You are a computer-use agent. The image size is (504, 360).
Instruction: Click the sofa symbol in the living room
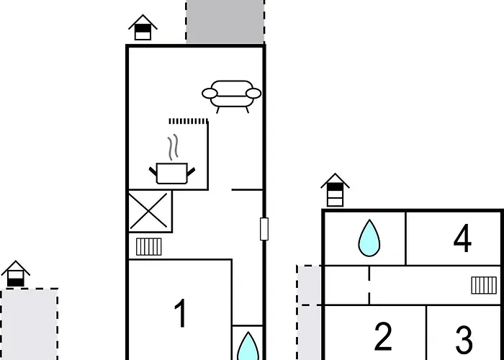(231, 96)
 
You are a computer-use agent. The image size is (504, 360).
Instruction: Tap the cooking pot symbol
(172, 174)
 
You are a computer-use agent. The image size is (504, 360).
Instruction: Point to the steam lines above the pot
(173, 147)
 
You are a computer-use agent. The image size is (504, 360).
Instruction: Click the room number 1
(181, 313)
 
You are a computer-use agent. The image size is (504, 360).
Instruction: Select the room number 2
(383, 337)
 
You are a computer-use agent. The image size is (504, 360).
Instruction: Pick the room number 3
(464, 340)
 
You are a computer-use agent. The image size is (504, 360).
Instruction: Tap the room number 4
(462, 238)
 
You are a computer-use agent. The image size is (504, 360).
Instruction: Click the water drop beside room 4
(369, 238)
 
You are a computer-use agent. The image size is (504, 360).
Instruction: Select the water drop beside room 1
(248, 346)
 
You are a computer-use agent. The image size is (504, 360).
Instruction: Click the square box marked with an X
(150, 211)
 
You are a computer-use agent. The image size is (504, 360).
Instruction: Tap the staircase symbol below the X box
(149, 246)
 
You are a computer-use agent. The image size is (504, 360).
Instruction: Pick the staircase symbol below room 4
(484, 285)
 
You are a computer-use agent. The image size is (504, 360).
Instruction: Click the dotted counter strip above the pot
(189, 121)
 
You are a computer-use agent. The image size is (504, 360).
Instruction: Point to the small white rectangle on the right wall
(264, 229)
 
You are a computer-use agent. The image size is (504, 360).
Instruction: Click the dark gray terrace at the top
(225, 21)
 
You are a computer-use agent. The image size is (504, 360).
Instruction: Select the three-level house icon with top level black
(335, 190)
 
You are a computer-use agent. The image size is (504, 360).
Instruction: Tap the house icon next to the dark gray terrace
(143, 27)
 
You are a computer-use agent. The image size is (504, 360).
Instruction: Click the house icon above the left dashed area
(15, 274)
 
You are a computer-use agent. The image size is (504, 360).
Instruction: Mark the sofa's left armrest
(210, 94)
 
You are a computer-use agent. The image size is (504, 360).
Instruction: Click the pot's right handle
(191, 172)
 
